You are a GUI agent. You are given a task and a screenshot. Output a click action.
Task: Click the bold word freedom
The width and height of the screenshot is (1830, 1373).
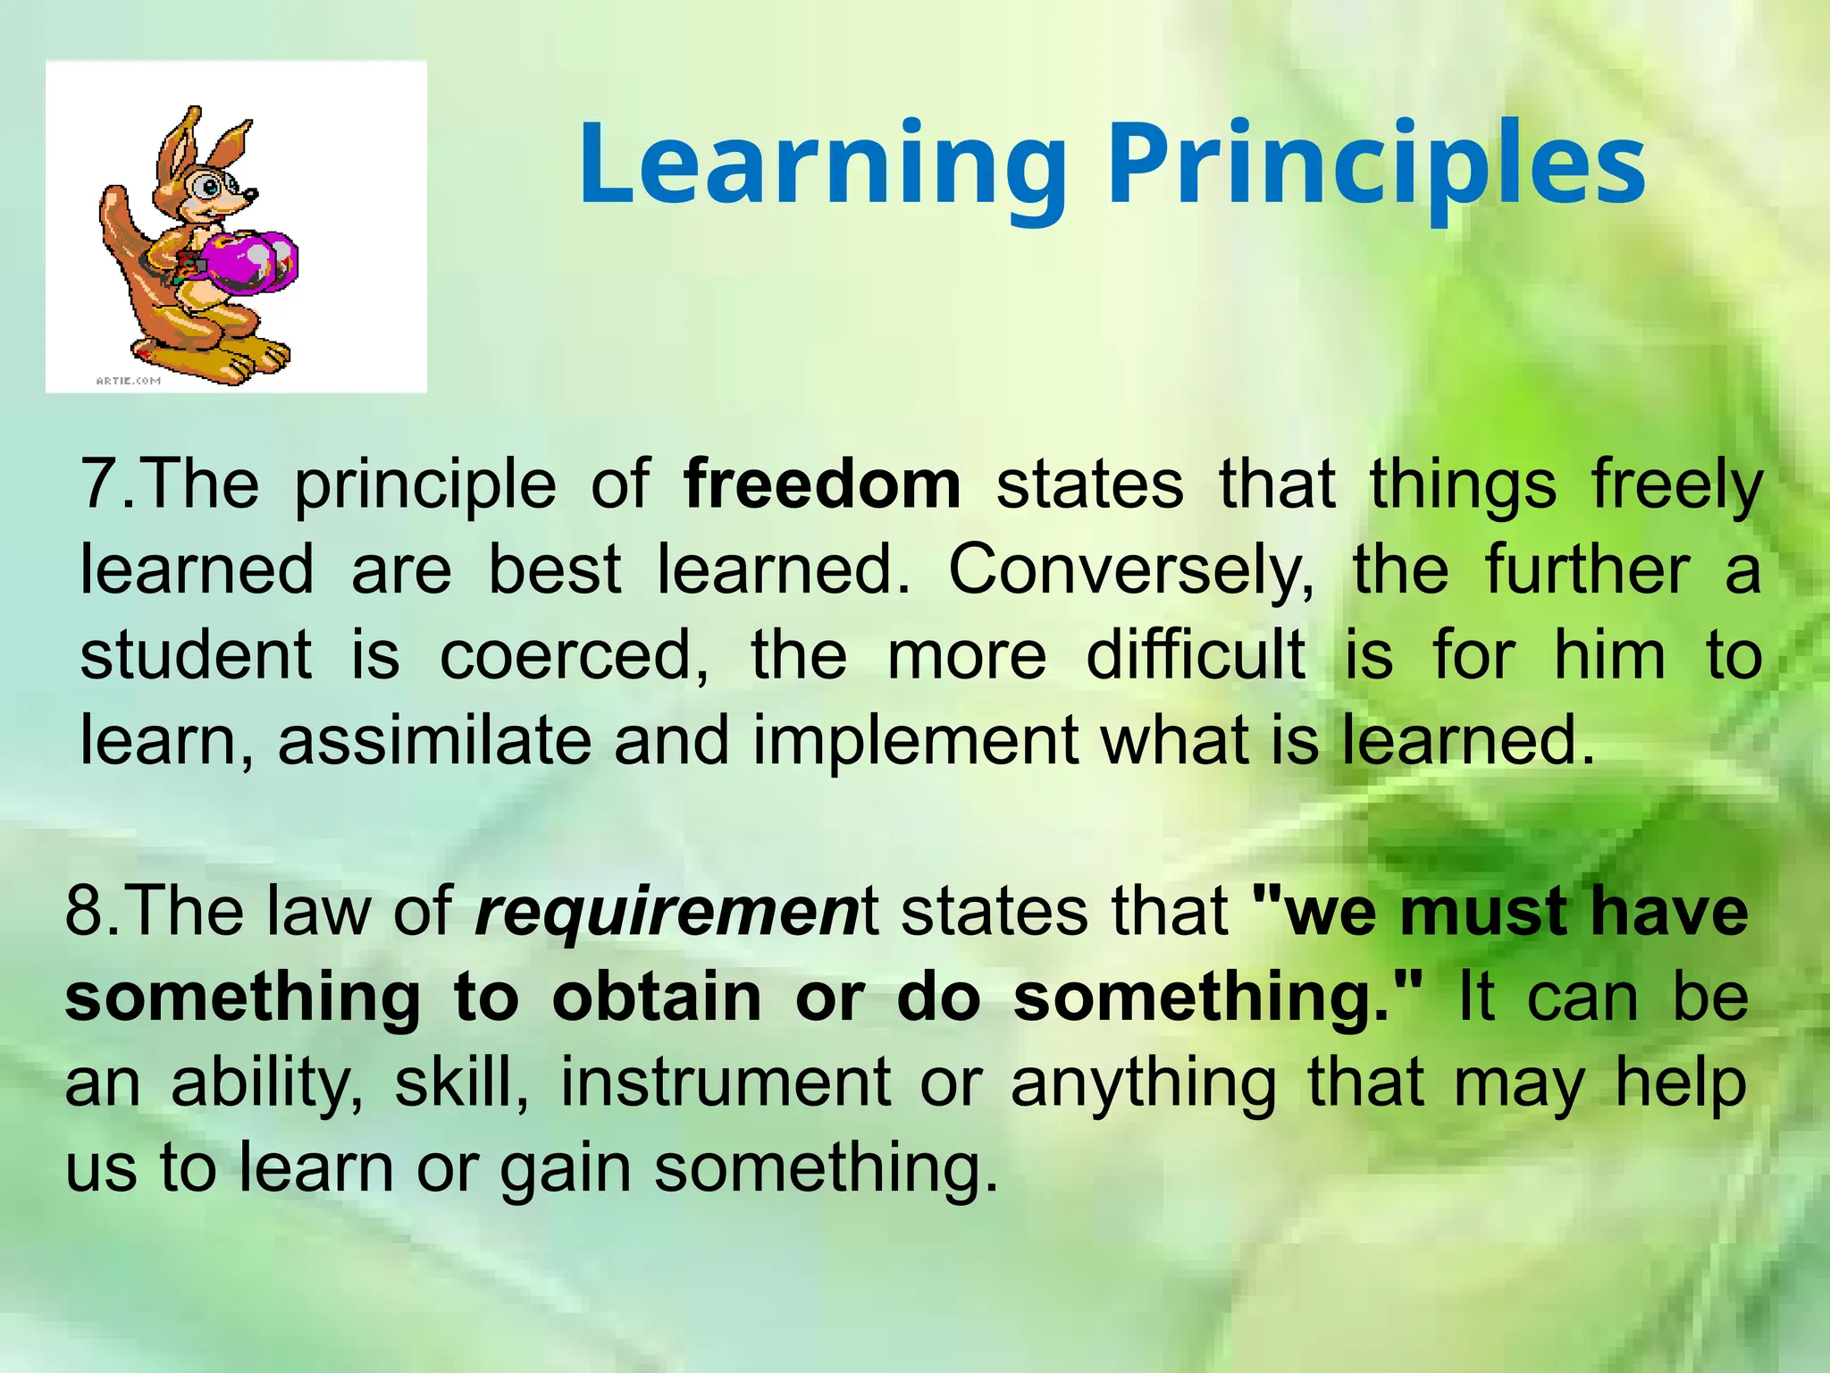[821, 484]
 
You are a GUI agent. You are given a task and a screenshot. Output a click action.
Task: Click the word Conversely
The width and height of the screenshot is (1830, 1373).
[1130, 570]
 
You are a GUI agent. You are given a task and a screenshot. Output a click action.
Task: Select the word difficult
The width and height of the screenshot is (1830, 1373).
[1196, 655]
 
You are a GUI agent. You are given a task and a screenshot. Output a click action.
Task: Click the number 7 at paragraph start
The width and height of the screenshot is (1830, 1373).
[97, 484]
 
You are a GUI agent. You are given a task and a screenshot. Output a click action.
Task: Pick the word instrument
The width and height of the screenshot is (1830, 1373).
[726, 1083]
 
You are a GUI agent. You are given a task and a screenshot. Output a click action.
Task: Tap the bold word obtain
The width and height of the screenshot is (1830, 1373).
[656, 998]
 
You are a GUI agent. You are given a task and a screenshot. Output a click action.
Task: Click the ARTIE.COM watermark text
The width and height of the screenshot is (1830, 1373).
[128, 381]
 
